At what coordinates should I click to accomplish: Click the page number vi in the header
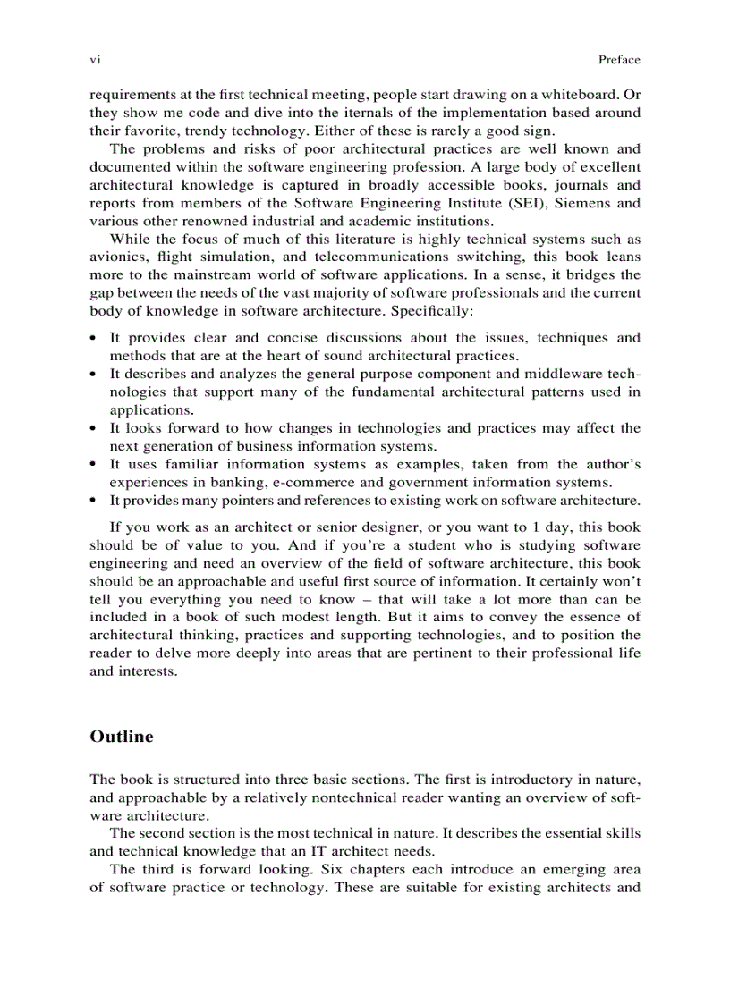point(95,60)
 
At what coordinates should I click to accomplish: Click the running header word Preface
point(619,60)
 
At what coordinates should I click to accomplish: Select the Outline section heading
point(122,737)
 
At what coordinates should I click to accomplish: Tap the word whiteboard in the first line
point(587,94)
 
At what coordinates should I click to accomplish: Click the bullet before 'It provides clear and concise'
point(94,338)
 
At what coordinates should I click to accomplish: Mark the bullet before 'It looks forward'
point(94,428)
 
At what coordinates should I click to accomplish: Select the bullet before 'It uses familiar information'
point(94,465)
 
